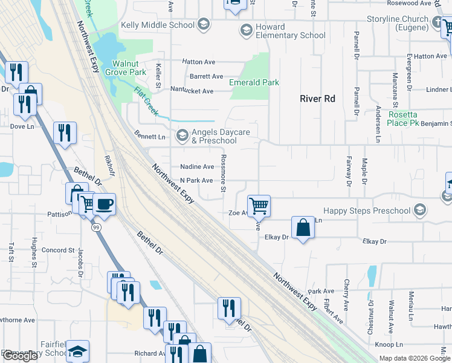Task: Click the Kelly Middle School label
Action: (158, 25)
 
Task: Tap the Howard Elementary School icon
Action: (246, 30)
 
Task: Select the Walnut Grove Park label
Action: (129, 67)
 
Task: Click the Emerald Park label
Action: (254, 82)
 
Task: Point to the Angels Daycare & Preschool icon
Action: (181, 136)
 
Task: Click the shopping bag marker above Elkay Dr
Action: (303, 227)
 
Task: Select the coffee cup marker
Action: (104, 203)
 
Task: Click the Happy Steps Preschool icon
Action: (420, 211)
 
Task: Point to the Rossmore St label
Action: (223, 172)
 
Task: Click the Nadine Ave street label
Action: (197, 166)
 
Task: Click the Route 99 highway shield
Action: (96, 227)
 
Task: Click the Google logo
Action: (20, 356)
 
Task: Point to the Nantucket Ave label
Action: (192, 91)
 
